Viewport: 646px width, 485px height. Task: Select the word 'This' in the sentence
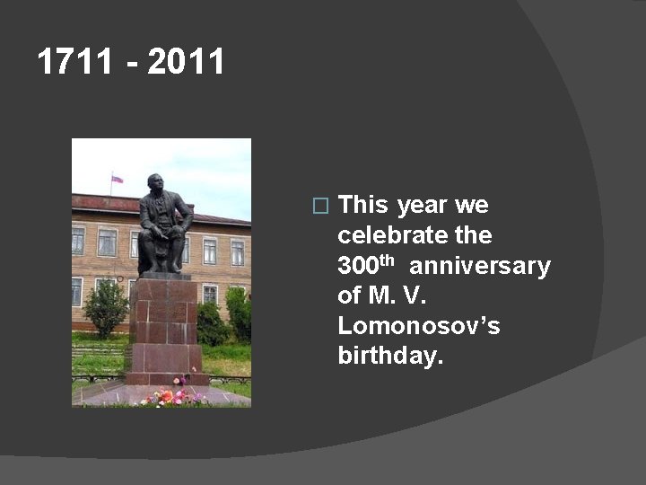point(363,206)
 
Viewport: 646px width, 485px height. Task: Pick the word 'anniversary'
point(480,267)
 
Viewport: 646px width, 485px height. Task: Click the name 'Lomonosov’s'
point(419,325)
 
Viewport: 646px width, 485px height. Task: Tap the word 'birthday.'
point(390,356)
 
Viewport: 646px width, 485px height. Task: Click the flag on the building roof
point(117,179)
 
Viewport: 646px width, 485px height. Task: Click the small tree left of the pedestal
point(106,307)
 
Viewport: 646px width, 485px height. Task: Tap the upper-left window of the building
point(78,239)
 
